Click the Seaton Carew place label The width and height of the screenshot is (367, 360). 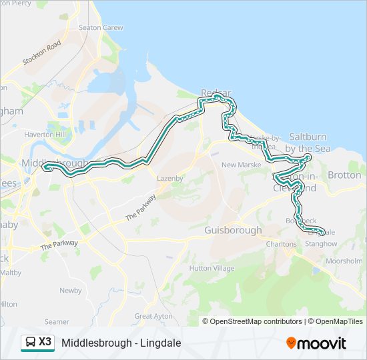coord(101,28)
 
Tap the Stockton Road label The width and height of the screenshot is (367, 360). coord(42,52)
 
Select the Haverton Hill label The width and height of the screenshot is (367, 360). coord(45,135)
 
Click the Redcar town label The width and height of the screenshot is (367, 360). coord(216,93)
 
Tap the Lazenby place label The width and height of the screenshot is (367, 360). coord(170,179)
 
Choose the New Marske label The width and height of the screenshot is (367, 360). coord(241,165)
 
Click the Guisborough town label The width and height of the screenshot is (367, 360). coord(233,229)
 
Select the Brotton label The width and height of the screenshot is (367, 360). coord(344,175)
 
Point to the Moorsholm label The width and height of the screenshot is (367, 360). coord(344,260)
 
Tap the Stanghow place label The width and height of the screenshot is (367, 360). coord(321,244)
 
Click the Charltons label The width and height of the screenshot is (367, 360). coord(281,244)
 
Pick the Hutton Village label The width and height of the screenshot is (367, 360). coord(212,268)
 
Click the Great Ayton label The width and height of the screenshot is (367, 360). coord(153,316)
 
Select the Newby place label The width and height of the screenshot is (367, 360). coord(70,291)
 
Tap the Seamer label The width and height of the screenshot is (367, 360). coord(57,321)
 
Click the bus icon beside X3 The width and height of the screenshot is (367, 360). coord(30,343)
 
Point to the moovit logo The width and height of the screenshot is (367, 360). coord(316,343)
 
